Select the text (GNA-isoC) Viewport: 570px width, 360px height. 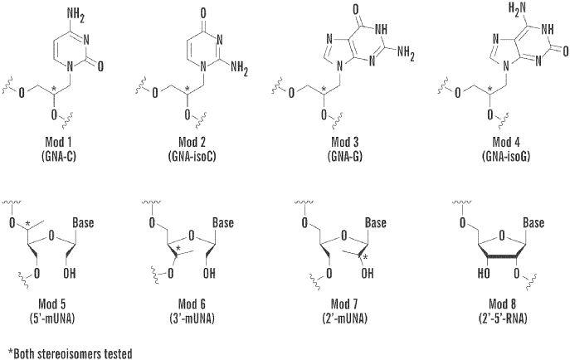pos(192,156)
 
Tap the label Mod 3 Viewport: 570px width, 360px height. pos(345,141)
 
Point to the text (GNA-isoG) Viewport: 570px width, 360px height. pos(506,156)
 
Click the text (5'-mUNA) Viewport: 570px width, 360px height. pos(52,319)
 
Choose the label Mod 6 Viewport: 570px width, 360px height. pos(192,304)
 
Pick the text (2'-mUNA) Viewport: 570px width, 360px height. pos(344,319)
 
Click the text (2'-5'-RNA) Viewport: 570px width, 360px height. pos(503,319)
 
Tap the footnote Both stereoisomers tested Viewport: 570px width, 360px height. pos(71,353)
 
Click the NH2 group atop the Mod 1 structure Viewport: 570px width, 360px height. pos(76,16)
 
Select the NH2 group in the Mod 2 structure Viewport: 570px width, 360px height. pos(239,69)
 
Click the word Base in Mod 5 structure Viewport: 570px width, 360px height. pos(83,222)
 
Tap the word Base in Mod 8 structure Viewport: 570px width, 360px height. pos(533,222)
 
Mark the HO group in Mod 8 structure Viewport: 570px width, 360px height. pos(484,273)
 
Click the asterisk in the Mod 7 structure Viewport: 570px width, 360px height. pos(366,257)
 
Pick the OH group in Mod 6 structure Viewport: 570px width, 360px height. pos(209,273)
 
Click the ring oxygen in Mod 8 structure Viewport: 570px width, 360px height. pos(502,236)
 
